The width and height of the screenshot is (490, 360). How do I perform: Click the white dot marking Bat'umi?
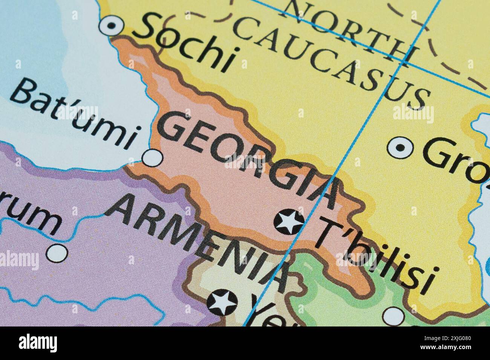(153, 157)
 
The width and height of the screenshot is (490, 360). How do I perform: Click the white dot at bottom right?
(394, 316)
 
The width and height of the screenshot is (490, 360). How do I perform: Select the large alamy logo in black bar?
(38, 343)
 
